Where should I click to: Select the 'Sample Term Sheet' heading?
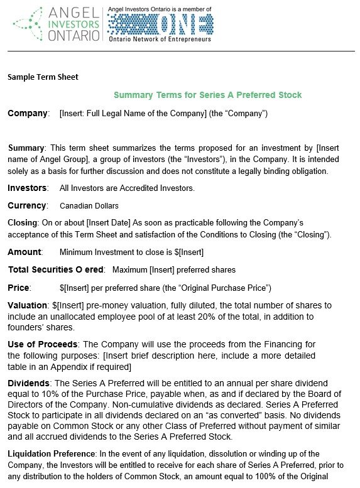[43, 77]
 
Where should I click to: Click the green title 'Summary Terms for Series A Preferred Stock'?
[207, 95]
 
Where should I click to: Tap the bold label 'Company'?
[28, 114]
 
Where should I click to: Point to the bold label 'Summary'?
[26, 148]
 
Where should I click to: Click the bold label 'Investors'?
[27, 188]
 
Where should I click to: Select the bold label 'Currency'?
[27, 205]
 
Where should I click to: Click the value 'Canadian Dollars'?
[89, 205]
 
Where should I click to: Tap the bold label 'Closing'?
[22, 222]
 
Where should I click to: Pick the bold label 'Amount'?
[25, 252]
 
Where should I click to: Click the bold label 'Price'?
[18, 288]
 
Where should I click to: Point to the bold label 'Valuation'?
[27, 305]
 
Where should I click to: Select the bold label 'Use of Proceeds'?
[42, 344]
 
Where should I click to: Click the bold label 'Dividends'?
[30, 382]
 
